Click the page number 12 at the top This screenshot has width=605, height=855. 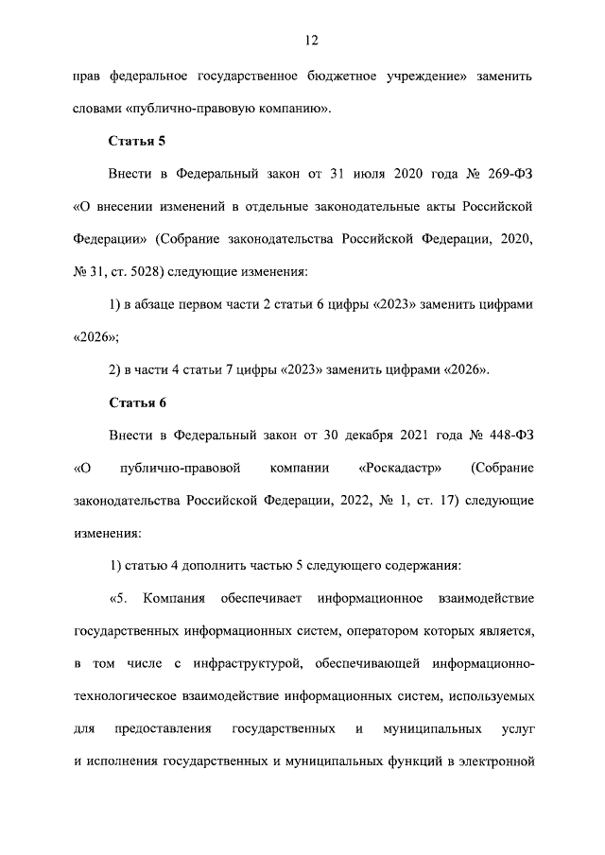point(310,40)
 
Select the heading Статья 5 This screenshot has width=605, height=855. point(138,142)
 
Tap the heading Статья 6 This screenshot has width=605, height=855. point(138,402)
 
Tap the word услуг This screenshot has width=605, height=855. point(520,729)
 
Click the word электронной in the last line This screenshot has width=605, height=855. point(501,761)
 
